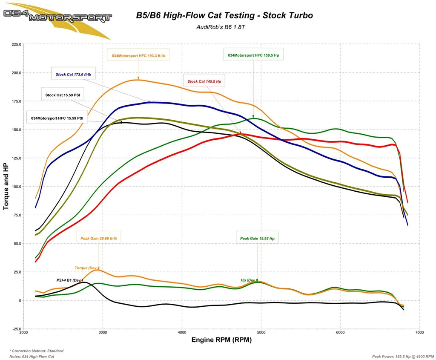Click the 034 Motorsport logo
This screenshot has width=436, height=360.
pos(57,17)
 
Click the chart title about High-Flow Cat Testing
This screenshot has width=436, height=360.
pos(224,16)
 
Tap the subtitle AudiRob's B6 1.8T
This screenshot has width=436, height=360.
pos(224,27)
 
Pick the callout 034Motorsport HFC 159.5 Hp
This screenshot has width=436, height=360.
pos(253,55)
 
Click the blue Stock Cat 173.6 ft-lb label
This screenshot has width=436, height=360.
pos(73,75)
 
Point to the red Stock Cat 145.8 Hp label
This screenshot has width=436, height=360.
pos(204,81)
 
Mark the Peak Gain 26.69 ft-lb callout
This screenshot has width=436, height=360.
pos(99,239)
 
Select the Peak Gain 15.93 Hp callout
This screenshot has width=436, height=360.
pos(257,239)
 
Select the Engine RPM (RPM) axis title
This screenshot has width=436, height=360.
pos(221,340)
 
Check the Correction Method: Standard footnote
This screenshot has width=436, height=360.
pos(37,351)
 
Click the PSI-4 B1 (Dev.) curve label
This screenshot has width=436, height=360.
pos(69,280)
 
